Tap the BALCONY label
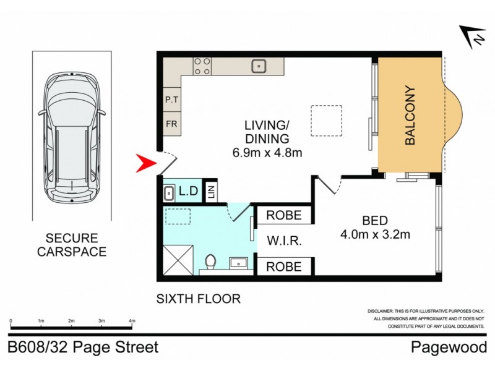(411, 116)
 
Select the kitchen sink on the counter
(259, 65)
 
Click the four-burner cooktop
(202, 66)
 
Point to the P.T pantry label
(171, 99)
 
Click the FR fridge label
(171, 123)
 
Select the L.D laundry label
(187, 192)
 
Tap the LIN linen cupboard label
(210, 192)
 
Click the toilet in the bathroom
(209, 263)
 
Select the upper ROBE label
(284, 215)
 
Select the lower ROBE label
(284, 267)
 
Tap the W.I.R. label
(284, 241)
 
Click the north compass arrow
(472, 37)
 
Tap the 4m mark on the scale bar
(131, 321)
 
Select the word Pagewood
(449, 348)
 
